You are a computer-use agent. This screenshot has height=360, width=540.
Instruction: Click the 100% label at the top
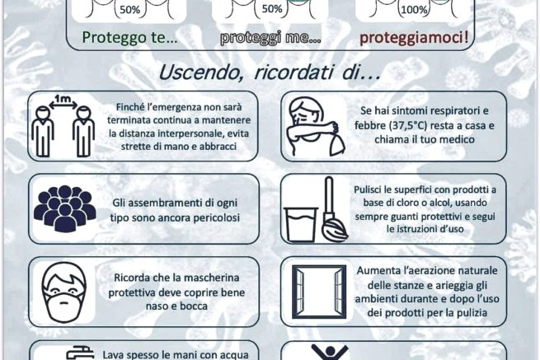415,10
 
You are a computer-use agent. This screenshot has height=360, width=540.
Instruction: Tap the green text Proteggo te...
129,37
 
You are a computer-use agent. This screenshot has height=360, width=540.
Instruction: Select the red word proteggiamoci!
414,38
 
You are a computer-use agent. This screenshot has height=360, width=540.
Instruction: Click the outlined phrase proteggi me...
270,38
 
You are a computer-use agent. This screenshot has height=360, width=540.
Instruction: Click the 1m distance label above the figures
63,100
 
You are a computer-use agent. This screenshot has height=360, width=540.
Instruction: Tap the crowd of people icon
64,208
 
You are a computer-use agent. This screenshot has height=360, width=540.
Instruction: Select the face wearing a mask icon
64,292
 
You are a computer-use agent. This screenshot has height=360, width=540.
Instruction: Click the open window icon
319,292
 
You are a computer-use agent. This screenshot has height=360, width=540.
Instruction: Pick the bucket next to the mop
300,225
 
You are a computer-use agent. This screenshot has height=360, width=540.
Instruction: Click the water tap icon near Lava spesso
80,353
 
